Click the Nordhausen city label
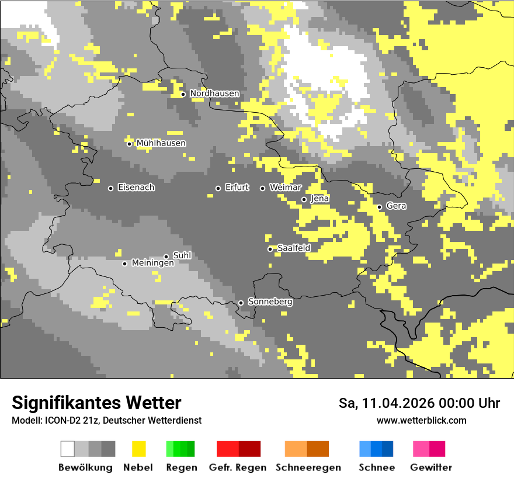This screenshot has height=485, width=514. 214,93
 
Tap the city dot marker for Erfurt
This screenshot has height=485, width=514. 218,188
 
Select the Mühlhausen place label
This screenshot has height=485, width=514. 161,143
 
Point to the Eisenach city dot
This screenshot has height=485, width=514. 110,188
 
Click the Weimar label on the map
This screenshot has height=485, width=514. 286,188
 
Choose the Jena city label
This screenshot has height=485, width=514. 320,199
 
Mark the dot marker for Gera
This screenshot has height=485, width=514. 379,207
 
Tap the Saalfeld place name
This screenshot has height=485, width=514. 294,248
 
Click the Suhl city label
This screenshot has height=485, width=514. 182,255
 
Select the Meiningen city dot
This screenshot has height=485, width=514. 124,264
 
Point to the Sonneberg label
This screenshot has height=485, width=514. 270,302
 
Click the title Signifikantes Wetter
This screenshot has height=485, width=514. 96,403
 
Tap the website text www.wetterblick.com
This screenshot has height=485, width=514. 421,420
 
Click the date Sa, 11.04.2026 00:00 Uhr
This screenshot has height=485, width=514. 419,403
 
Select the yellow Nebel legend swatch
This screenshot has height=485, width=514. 138,449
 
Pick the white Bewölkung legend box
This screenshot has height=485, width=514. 68,449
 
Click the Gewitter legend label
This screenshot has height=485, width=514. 430,467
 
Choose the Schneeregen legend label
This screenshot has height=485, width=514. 308,467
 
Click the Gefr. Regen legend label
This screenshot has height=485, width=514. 238,467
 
